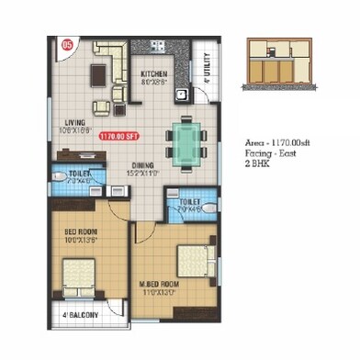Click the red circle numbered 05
point(65,43)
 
